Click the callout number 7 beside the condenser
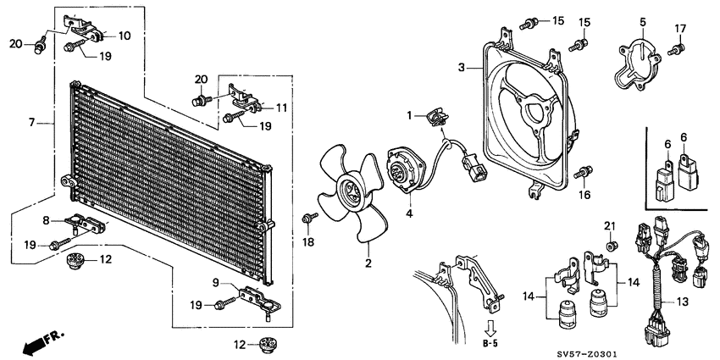[x=31, y=122]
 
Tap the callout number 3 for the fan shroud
[x=461, y=67]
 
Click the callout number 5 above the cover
[x=642, y=21]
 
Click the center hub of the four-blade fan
[x=347, y=193]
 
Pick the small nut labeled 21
[x=609, y=246]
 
